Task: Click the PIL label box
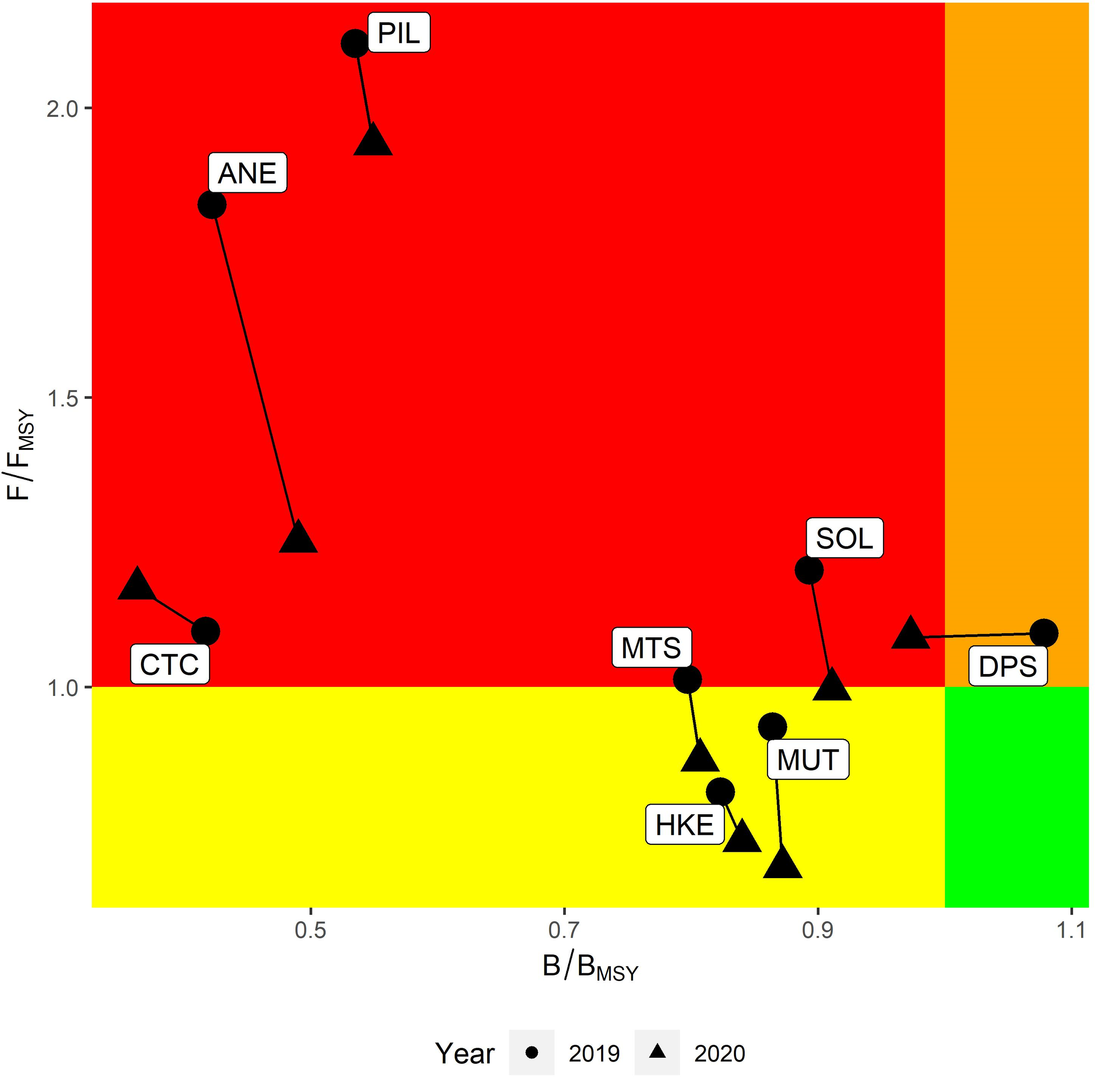399,33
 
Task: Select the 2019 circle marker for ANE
212,204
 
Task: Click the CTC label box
170,665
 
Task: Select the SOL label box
844,538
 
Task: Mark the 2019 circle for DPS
1043,633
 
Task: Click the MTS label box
651,648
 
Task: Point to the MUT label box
807,759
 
